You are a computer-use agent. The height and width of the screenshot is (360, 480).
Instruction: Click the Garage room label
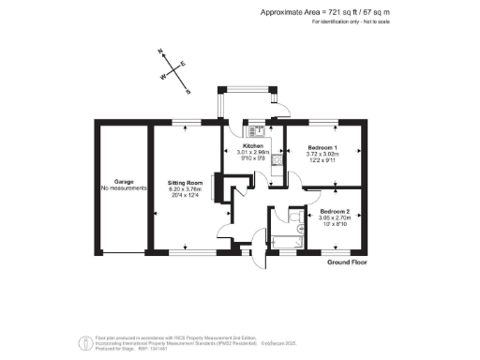pos(123,181)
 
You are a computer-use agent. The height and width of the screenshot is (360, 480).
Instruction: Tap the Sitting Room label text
pos(186,182)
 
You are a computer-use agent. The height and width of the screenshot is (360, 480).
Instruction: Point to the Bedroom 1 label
pos(322,148)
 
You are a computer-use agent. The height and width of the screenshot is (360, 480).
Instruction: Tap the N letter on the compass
pos(161,53)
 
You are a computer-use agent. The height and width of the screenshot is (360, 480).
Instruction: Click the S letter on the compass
pos(187,92)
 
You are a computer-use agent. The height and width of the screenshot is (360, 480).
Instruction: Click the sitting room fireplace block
pos(217,188)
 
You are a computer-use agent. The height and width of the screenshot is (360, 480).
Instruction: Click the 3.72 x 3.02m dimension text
pos(322,155)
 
